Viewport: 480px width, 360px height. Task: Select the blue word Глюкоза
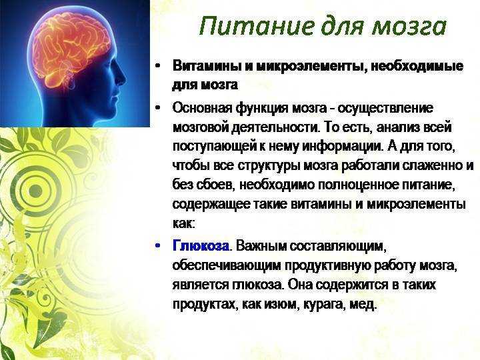pyautogui.click(x=201, y=246)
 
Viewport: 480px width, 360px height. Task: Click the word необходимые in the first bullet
pyautogui.click(x=417, y=67)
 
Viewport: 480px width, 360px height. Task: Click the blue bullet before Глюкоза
pyautogui.click(x=157, y=246)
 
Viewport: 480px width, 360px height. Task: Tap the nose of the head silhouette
pyautogui.click(x=123, y=77)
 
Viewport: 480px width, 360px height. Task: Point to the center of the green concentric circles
pyautogui.click(x=35, y=191)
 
